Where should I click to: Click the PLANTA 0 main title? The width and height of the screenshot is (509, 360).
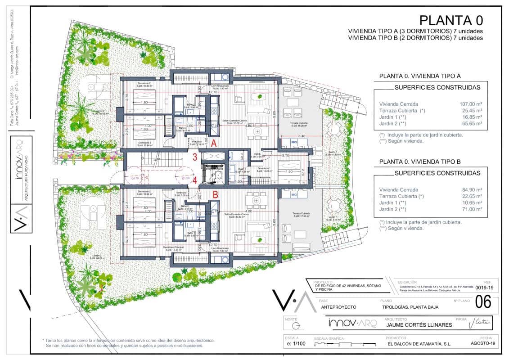(x=451, y=20)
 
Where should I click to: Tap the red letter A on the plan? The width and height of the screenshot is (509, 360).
(x=215, y=144)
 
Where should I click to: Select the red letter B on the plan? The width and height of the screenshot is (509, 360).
(x=216, y=195)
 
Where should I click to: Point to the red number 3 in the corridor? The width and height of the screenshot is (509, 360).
(x=195, y=157)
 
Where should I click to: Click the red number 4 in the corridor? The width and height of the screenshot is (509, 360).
(x=195, y=181)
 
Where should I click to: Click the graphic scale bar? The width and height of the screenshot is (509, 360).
(x=345, y=344)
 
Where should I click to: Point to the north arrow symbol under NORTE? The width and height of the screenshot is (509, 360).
(x=295, y=325)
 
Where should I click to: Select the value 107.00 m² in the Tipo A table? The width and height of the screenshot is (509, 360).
(x=470, y=103)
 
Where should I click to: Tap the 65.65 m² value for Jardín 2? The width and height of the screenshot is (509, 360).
(x=471, y=123)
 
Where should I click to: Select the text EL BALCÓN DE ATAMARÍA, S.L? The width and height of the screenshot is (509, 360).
(x=419, y=344)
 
